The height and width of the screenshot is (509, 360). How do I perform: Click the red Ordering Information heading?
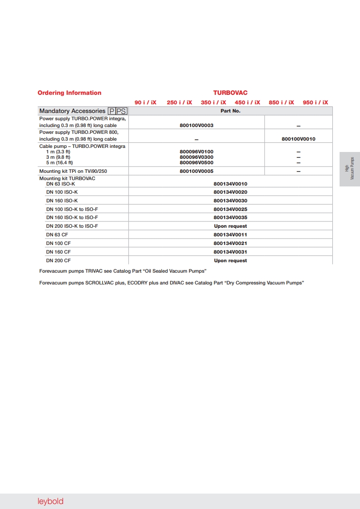pyautogui.click(x=69, y=93)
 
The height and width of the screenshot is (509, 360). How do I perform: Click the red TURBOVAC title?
pyautogui.click(x=231, y=93)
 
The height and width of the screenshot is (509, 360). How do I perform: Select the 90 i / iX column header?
pyautogui.click(x=145, y=103)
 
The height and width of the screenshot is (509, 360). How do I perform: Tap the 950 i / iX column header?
pyautogui.click(x=316, y=103)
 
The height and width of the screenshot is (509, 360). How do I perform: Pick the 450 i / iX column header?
pyautogui.click(x=247, y=103)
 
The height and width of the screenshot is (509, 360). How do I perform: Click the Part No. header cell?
pyautogui.click(x=231, y=111)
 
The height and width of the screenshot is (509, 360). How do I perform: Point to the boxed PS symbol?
pyautogui.click(x=122, y=111)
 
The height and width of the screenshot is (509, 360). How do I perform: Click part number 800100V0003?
pyautogui.click(x=197, y=126)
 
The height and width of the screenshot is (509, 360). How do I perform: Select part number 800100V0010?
pyautogui.click(x=298, y=139)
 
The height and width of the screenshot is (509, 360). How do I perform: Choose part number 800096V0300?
pyautogui.click(x=197, y=157)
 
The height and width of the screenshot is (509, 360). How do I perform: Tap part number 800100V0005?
pyautogui.click(x=197, y=171)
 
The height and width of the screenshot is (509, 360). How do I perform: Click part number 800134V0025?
pyautogui.click(x=231, y=209)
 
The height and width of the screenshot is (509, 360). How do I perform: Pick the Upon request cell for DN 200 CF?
pyautogui.click(x=231, y=261)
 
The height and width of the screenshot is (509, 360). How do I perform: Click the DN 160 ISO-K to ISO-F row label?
pyautogui.click(x=72, y=218)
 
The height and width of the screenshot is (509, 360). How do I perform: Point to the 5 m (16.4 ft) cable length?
pyautogui.click(x=59, y=162)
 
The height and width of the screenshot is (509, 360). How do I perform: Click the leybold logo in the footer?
pyautogui.click(x=50, y=501)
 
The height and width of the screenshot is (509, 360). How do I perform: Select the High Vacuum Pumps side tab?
pyautogui.click(x=350, y=169)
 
